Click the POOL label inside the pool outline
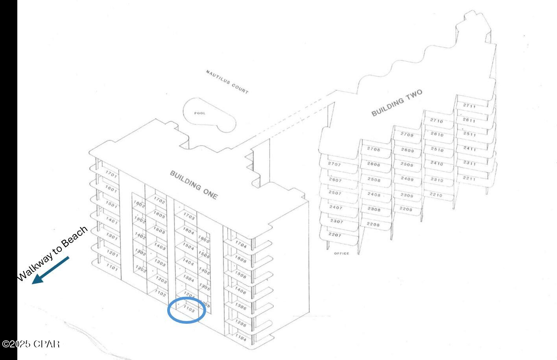tap(200, 113)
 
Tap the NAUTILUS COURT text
tap(227, 82)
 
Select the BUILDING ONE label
tap(193, 185)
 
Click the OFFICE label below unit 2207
tap(341, 253)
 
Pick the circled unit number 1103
tap(189, 309)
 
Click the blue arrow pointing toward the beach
tap(50, 270)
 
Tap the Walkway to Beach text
tap(52, 253)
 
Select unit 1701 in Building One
tap(111, 174)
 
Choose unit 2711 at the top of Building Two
tap(469, 106)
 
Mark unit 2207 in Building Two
tap(334, 235)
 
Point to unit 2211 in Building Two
tap(469, 179)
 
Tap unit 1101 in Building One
tap(112, 268)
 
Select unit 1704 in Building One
tap(241, 245)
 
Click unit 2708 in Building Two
tap(373, 149)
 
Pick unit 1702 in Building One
tap(159, 201)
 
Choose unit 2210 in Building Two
tap(436, 195)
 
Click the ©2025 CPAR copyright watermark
tap(31, 344)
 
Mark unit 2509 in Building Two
tap(407, 164)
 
